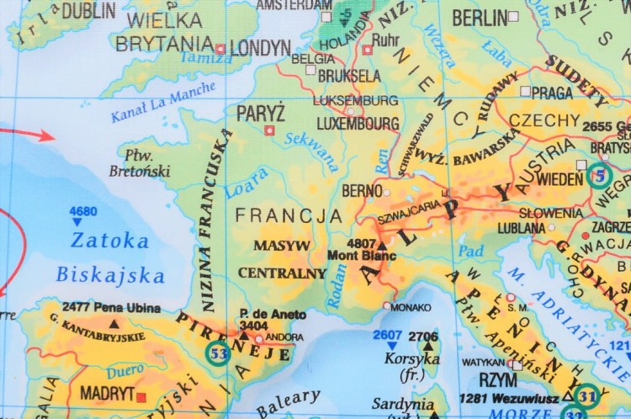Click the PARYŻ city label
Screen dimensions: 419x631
261,113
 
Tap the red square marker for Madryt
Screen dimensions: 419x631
141,396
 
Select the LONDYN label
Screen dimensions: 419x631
260,48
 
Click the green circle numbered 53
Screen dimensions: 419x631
218,353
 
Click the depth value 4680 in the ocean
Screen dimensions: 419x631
83,211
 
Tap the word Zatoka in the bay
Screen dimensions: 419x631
109,241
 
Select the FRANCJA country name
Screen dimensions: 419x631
289,216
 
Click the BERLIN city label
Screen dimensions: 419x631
480,18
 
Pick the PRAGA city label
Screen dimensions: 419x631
552,92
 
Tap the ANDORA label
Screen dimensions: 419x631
284,338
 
